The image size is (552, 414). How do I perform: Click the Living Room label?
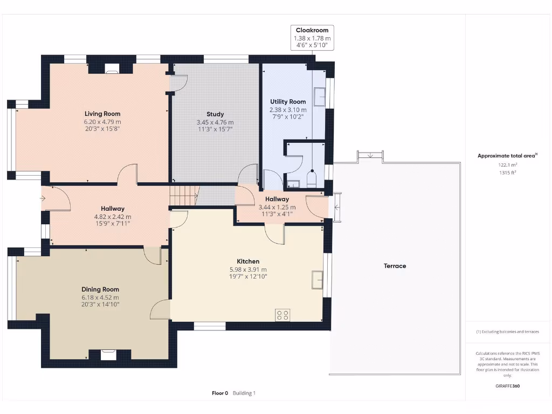pyautogui.click(x=102, y=114)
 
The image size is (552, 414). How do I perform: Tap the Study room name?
pyautogui.click(x=215, y=114)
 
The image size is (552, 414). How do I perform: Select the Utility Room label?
pyautogui.click(x=288, y=102)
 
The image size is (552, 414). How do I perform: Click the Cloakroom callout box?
pyautogui.click(x=312, y=38)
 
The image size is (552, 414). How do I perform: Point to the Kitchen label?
pyautogui.click(x=248, y=261)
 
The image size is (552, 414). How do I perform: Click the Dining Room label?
pyautogui.click(x=100, y=289)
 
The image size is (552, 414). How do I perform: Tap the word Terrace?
pyautogui.click(x=395, y=266)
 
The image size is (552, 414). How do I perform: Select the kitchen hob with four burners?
pyautogui.click(x=282, y=315)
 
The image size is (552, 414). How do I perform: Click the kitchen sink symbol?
pyautogui.click(x=318, y=280)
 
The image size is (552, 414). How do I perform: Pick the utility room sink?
pyautogui.click(x=320, y=96)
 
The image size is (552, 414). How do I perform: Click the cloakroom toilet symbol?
pyautogui.click(x=312, y=179)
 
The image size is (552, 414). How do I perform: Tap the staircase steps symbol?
pyautogui.click(x=184, y=196)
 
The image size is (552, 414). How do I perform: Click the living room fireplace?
pyautogui.click(x=112, y=69)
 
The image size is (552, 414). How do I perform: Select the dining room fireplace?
pyautogui.click(x=108, y=355)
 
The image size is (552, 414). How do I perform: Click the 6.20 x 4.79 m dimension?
pyautogui.click(x=102, y=122)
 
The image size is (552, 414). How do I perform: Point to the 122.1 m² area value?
pyautogui.click(x=508, y=165)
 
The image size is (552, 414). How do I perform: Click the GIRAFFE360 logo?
pyautogui.click(x=508, y=386)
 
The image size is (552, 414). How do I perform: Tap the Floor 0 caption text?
pyautogui.click(x=220, y=393)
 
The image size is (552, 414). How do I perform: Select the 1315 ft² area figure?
pyautogui.click(x=508, y=172)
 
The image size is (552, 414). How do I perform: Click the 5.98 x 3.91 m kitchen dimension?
pyautogui.click(x=248, y=270)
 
